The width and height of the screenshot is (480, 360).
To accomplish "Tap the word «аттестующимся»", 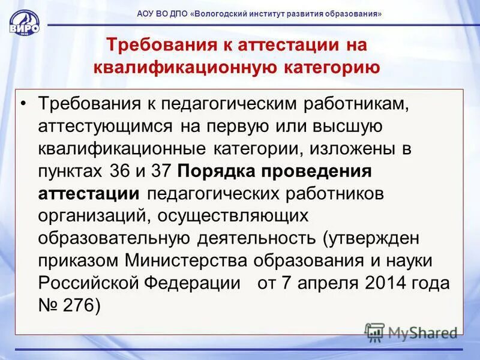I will click(106, 126).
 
